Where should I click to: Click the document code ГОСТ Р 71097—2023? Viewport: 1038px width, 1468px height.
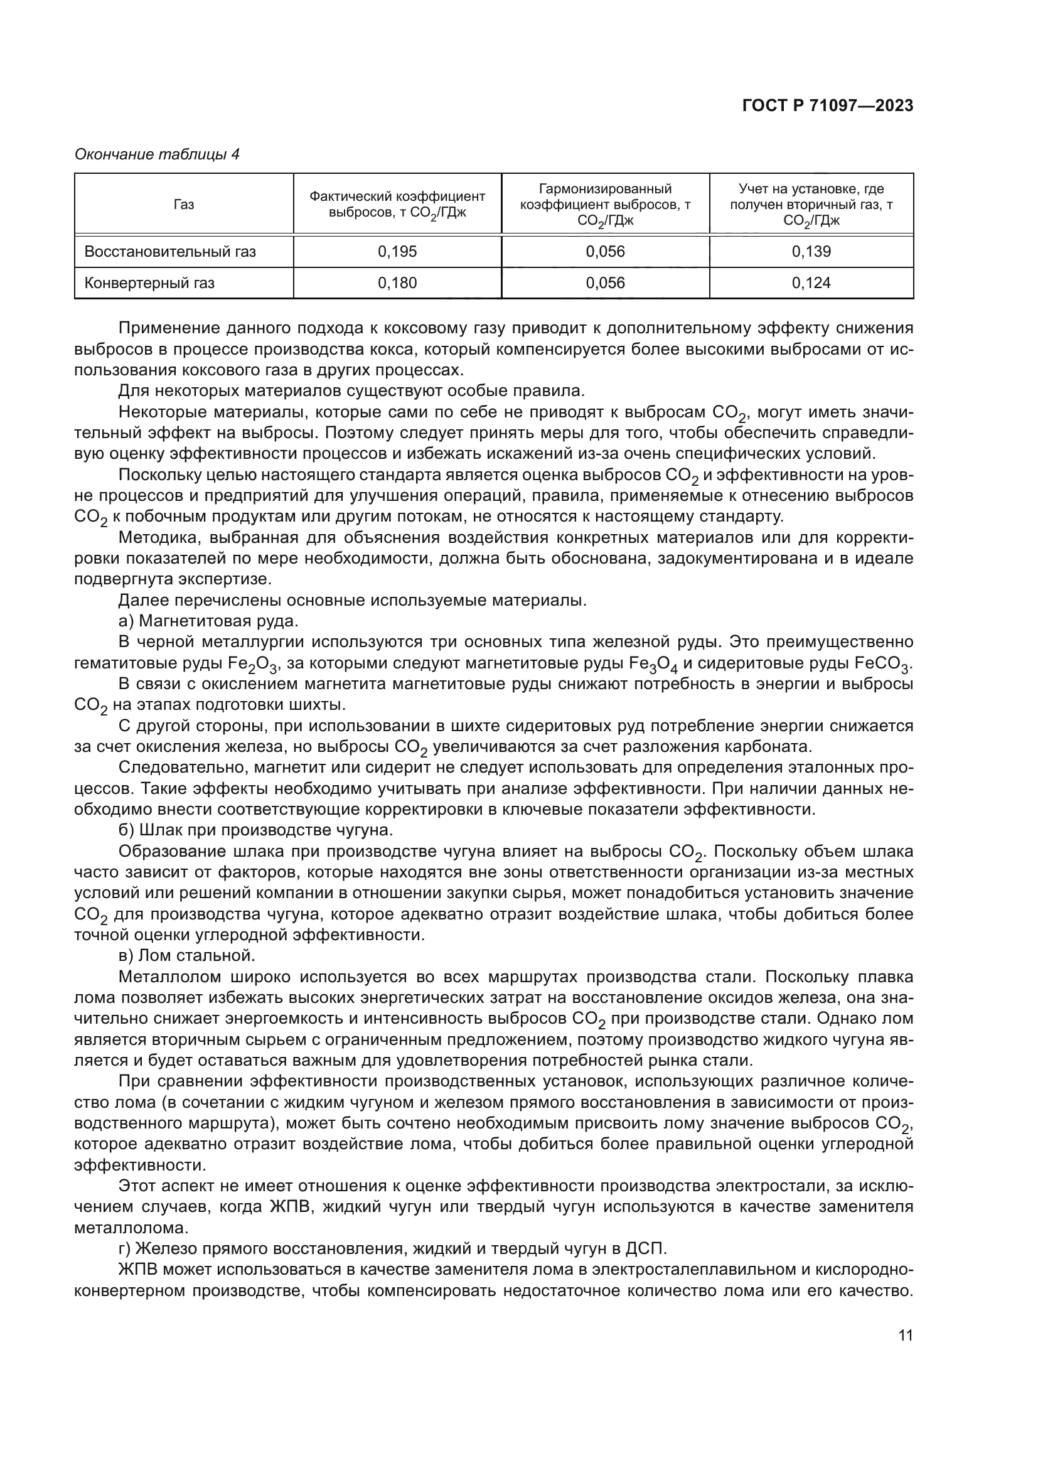(827, 106)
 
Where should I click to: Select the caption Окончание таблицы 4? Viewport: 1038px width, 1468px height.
(157, 154)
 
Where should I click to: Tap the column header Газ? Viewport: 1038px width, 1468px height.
(183, 205)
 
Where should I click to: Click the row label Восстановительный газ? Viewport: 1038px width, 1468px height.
(170, 251)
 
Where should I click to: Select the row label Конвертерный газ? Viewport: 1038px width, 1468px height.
(149, 282)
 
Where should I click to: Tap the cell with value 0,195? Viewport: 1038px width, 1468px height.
(397, 251)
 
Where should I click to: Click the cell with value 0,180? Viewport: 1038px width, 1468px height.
(397, 282)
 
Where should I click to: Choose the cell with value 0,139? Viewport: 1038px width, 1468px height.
(811, 251)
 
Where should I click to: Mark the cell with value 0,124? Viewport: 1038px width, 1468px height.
(811, 282)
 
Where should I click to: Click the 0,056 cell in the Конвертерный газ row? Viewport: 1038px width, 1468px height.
(604, 282)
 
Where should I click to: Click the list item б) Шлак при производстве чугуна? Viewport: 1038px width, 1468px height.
(255, 830)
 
